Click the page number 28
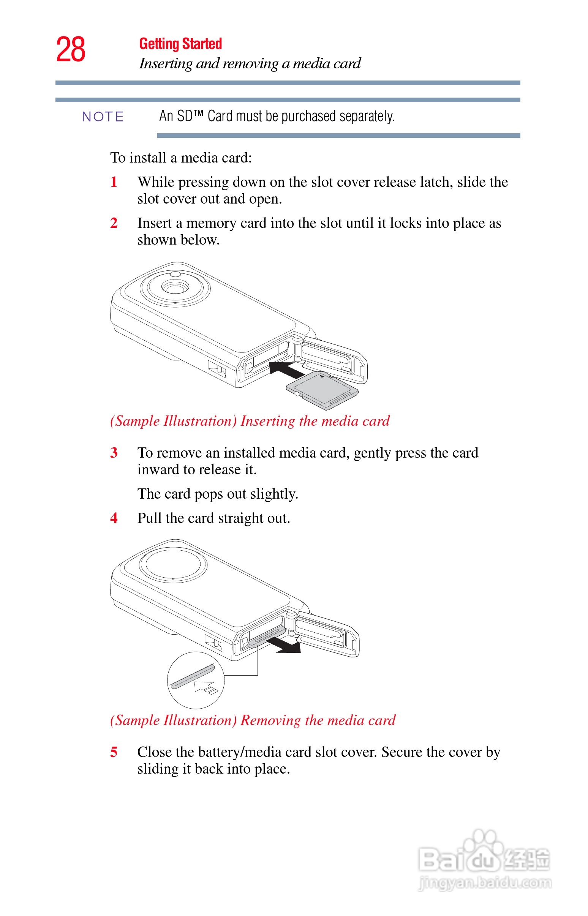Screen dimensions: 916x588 point(71,50)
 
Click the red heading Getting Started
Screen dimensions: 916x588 point(180,44)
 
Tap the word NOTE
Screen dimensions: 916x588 point(103,117)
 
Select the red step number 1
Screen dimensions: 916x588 point(114,182)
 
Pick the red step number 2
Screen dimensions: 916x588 point(114,223)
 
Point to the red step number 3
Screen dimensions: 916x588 point(114,453)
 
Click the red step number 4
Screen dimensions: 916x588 point(114,518)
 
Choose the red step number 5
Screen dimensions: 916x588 point(114,752)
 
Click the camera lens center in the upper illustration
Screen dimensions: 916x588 point(175,287)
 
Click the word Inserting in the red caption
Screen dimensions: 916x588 point(267,421)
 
